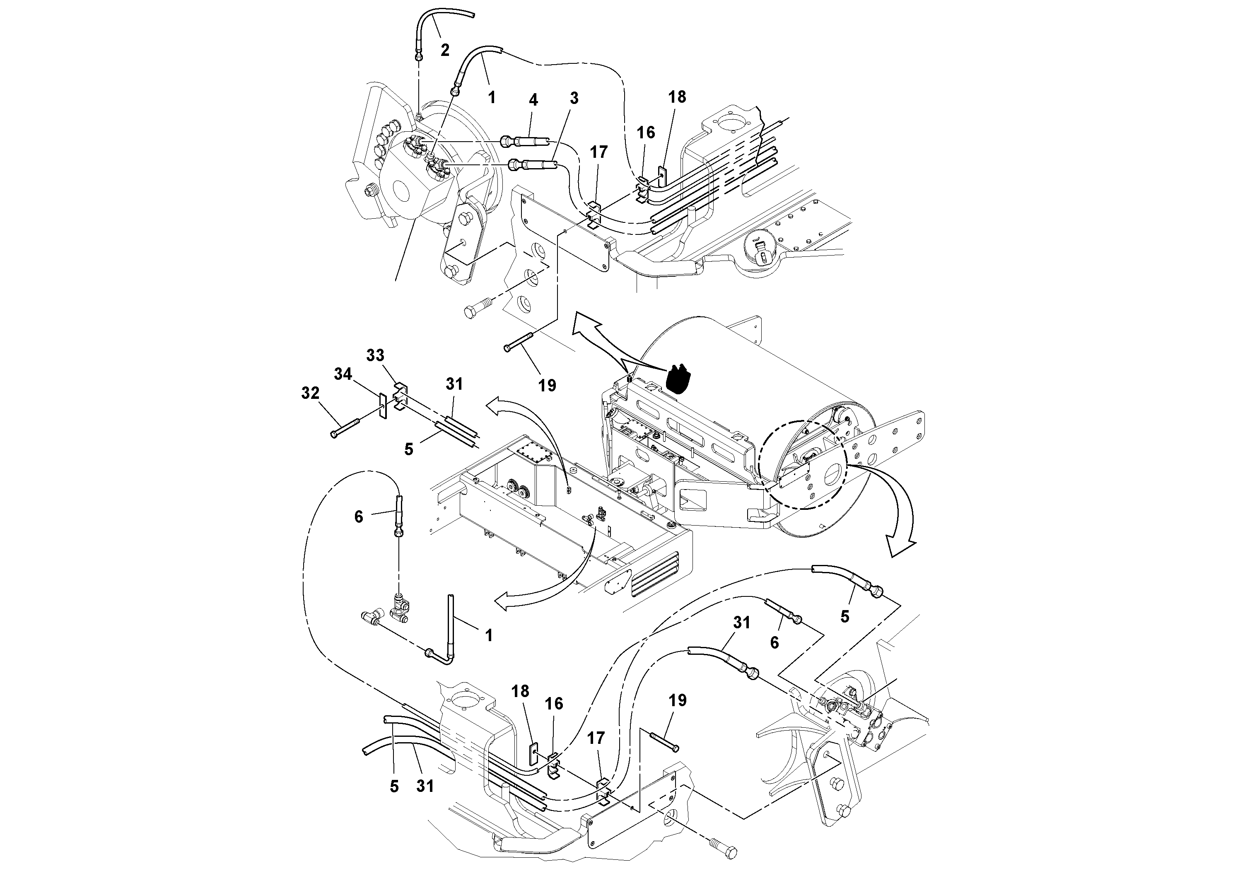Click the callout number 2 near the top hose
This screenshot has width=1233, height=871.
tap(445, 50)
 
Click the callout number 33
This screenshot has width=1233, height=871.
tap(375, 355)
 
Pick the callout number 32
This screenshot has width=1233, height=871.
tap(310, 393)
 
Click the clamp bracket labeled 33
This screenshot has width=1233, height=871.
tap(400, 396)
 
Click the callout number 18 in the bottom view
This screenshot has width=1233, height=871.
tap(520, 691)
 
